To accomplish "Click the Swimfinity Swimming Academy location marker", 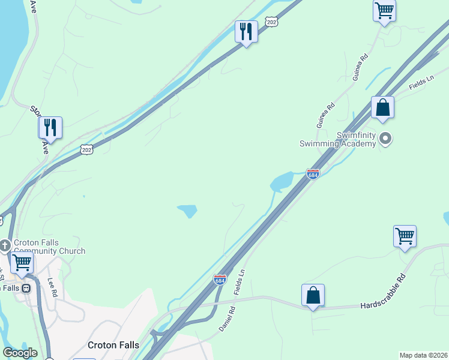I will pyautogui.click(x=386, y=139).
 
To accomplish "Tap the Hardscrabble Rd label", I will pyautogui.click(x=384, y=301).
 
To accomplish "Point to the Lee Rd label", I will pyautogui.click(x=52, y=287).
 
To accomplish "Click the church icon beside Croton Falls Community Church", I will pyautogui.click(x=5, y=246).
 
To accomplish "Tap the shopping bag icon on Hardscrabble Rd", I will pyautogui.click(x=313, y=295).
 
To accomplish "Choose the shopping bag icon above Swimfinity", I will pyautogui.click(x=382, y=108).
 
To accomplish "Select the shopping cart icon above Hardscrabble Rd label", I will pyautogui.click(x=405, y=235).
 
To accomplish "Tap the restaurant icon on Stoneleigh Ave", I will pyautogui.click(x=50, y=127).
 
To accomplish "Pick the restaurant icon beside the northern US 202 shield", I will pyautogui.click(x=246, y=31).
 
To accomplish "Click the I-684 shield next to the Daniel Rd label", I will pyautogui.click(x=220, y=280).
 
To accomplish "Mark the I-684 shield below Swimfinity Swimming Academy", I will pyautogui.click(x=313, y=173).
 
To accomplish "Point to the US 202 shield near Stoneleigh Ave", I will pyautogui.click(x=88, y=149).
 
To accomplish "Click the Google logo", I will pyautogui.click(x=20, y=353).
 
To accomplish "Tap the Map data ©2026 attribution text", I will pyautogui.click(x=423, y=355).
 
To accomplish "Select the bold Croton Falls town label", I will pyautogui.click(x=113, y=345).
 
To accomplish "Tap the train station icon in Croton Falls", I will pyautogui.click(x=26, y=288).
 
